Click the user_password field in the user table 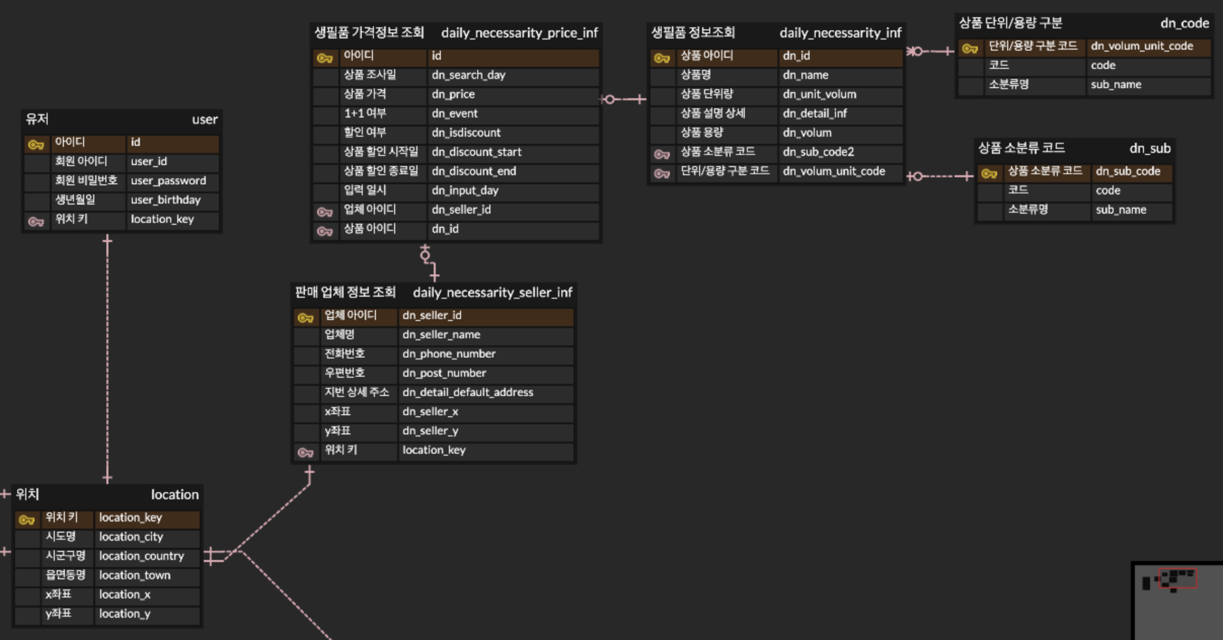tap(168, 181)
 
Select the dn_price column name tap(453, 94)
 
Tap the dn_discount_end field tap(474, 171)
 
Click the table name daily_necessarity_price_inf tap(519, 33)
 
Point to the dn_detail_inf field tap(815, 113)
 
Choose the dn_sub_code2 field tap(818, 152)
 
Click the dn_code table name tap(1184, 23)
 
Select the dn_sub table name tap(1150, 148)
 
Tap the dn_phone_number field tap(449, 354)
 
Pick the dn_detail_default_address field tap(468, 392)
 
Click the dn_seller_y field tap(430, 431)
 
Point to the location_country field tap(141, 556)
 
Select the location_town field tap(135, 575)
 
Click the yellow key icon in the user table tap(36, 145)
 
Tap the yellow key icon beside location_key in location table tap(26, 520)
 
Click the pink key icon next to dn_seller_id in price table tap(325, 212)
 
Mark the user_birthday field tap(166, 200)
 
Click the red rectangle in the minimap tap(1178, 578)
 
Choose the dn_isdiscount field tap(466, 133)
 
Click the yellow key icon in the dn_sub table tap(989, 174)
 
